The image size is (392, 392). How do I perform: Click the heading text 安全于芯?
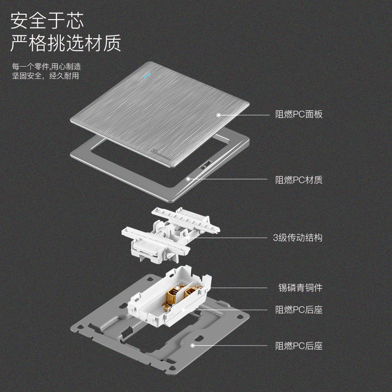47,21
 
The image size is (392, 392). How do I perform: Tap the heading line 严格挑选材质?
66,44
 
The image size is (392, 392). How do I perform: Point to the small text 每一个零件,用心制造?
47,66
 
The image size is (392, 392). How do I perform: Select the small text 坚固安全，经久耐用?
46,76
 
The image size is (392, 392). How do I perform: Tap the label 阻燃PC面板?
298,115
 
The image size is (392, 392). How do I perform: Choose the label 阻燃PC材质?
298,180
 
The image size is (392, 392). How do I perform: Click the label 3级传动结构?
297,238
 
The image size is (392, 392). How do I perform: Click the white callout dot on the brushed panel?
218,115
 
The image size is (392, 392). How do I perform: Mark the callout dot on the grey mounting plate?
193,345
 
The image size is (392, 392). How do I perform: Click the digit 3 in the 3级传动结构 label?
275,238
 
